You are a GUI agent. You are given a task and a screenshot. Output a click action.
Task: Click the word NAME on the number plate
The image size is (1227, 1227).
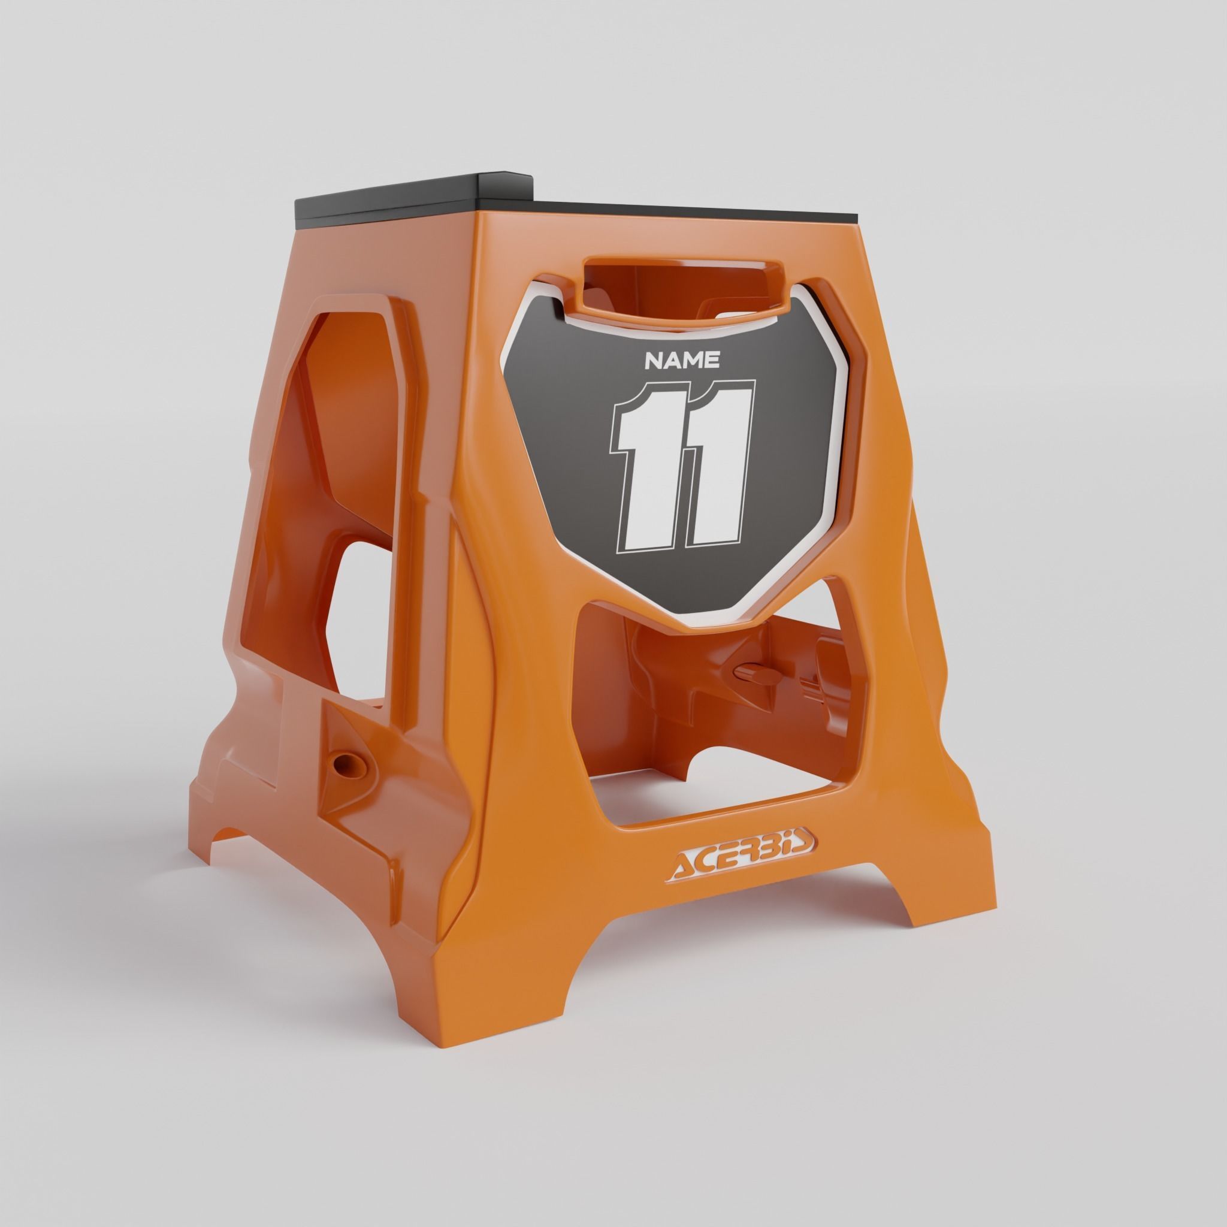(x=682, y=361)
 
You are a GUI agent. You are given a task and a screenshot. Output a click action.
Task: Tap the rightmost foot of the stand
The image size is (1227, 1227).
(x=953, y=902)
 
